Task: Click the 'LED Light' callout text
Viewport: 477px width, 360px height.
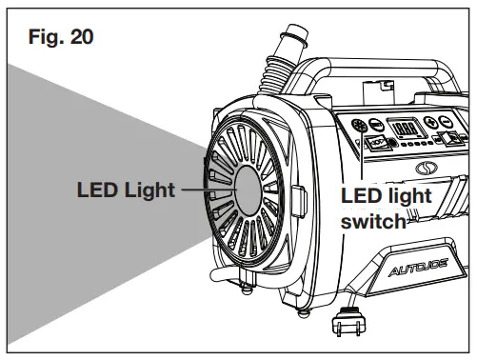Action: click(x=126, y=190)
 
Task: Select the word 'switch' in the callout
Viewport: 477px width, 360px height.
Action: click(x=372, y=222)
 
